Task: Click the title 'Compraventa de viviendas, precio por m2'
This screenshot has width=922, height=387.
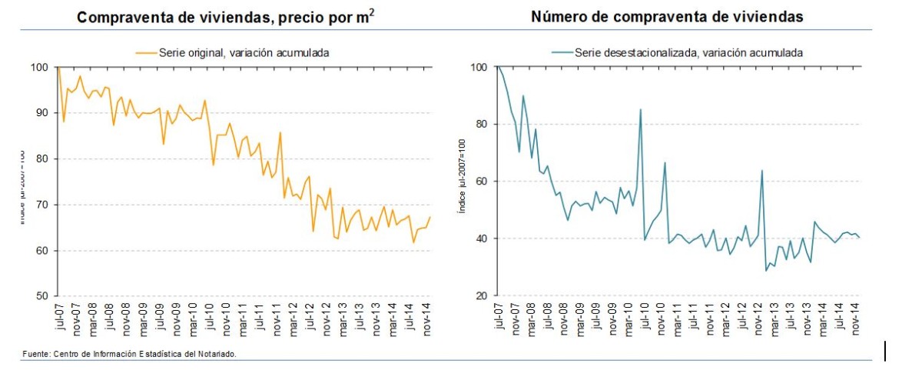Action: click(x=226, y=16)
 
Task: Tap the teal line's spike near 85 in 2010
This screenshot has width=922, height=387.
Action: click(x=641, y=109)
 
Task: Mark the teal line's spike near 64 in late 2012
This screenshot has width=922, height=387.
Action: click(x=761, y=170)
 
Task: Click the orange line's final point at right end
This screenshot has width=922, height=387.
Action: click(x=430, y=217)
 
